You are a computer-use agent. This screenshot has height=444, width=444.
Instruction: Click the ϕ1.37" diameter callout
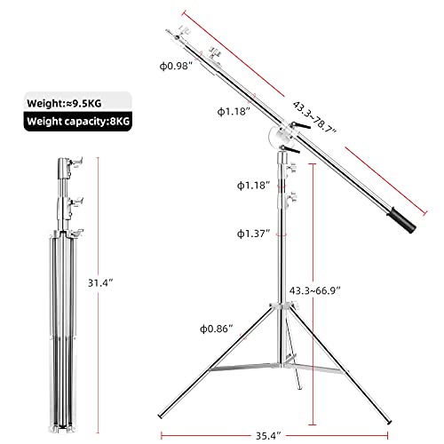click(253, 234)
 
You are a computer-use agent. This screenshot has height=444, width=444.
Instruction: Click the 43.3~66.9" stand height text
click(315, 291)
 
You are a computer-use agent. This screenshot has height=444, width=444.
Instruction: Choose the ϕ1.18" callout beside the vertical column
click(253, 186)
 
